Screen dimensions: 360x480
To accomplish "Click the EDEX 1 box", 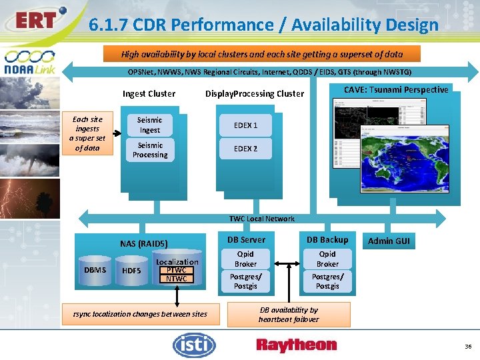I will [245, 125].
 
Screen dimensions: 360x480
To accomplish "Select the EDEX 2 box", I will [245, 149].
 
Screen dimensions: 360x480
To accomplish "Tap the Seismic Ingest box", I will [149, 125].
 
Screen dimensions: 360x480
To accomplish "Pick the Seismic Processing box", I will [149, 150].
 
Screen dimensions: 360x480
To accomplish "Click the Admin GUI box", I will [389, 241].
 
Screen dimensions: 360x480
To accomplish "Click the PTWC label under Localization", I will [177, 270].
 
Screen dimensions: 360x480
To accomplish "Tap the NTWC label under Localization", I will [177, 279].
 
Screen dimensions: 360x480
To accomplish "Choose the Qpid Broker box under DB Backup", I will [327, 259].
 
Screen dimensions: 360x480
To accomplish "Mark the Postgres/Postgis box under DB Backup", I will [327, 281].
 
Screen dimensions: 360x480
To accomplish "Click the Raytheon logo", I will [296, 345].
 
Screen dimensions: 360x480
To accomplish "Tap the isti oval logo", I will [194, 345].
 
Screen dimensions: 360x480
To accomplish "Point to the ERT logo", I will [37, 21].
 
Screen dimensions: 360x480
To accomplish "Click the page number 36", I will [468, 346].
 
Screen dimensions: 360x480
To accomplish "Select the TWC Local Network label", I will [261, 219].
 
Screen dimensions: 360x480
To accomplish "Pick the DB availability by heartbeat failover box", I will [289, 315].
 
